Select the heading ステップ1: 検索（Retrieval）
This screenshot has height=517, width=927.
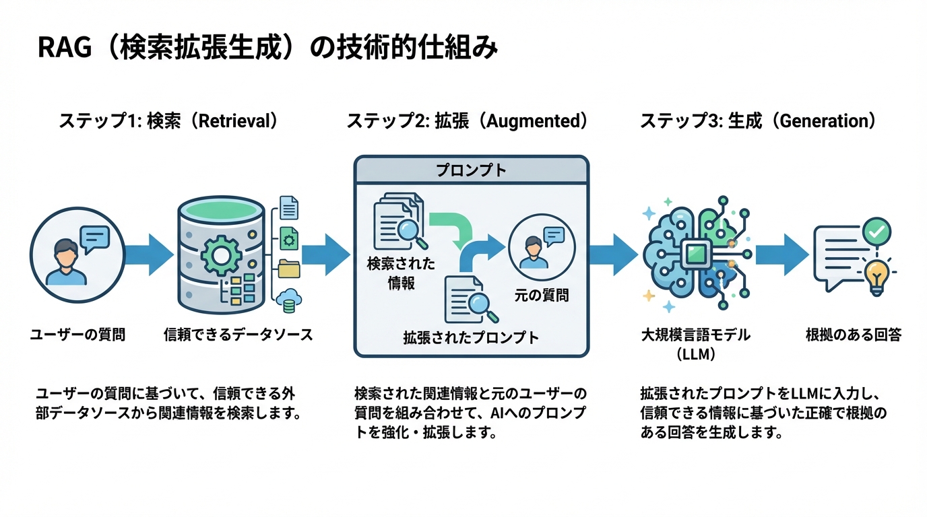point(168,121)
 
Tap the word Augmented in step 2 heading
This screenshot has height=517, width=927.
point(532,121)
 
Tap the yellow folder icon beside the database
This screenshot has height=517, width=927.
point(288,268)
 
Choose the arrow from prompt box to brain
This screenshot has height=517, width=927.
point(612,254)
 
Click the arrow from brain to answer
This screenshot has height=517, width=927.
point(781,254)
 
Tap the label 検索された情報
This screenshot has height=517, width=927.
point(401,273)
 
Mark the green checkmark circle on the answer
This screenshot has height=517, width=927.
point(876,232)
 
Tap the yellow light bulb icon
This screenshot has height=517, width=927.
point(876,276)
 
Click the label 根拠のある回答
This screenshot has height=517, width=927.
point(853,335)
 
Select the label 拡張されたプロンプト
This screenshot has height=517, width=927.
point(471,337)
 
